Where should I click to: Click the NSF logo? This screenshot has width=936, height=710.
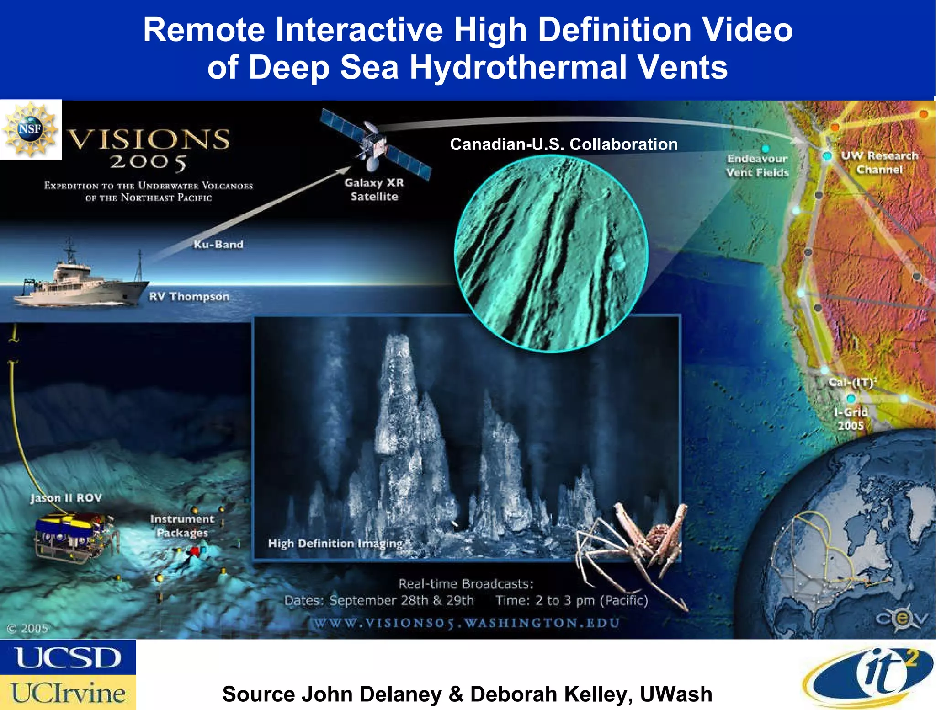point(30,129)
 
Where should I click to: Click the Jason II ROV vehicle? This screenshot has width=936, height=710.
point(73,535)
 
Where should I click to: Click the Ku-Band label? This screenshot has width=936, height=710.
point(218,245)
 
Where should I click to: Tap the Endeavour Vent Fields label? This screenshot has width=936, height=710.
point(757,165)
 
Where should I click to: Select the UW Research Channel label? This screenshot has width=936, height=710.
point(879,162)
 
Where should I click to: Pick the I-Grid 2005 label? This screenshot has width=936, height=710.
point(850,419)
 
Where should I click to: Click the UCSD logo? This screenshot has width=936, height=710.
point(68,657)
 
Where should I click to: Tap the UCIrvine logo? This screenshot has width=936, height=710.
point(68,693)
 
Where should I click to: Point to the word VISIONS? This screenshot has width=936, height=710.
point(149,139)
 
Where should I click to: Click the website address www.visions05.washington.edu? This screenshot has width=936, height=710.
point(465,623)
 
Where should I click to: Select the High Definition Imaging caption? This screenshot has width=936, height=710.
point(335,543)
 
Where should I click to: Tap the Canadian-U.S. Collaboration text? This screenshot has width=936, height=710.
point(564,144)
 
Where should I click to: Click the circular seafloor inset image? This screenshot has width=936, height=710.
point(551,254)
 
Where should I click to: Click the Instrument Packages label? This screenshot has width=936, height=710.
point(182,526)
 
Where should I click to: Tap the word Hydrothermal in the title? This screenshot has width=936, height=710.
point(519,67)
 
